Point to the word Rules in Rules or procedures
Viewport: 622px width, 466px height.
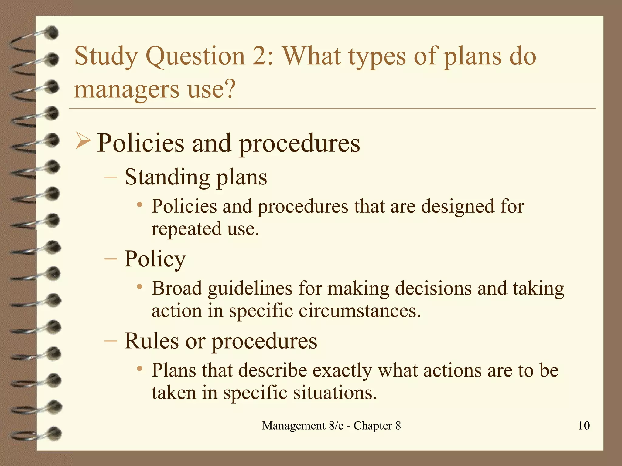pyautogui.click(x=151, y=341)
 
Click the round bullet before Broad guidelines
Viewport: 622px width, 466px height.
pyautogui.click(x=139, y=286)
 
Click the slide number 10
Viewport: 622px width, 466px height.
pyautogui.click(x=584, y=426)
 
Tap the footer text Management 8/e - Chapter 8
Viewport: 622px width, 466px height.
pyautogui.click(x=331, y=426)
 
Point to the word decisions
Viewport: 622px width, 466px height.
pyautogui.click(x=433, y=289)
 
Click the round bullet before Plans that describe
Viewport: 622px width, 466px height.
pyautogui.click(x=139, y=368)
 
